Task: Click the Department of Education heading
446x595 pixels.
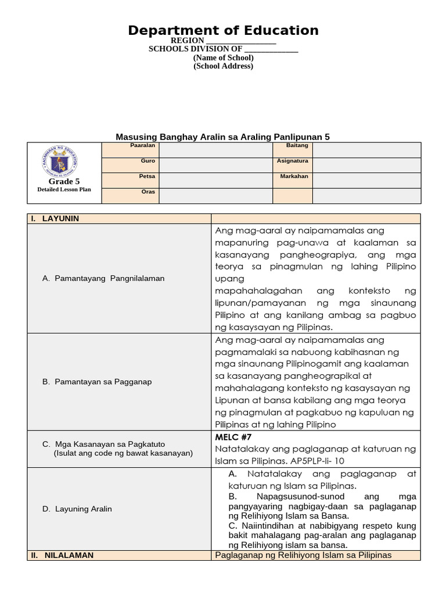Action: point(223,30)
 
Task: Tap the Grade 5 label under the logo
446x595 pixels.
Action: point(64,182)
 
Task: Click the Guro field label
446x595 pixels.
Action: point(148,161)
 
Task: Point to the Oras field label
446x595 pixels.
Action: point(148,192)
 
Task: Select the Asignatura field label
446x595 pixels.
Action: point(292,161)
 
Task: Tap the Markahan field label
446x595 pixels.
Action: point(293,176)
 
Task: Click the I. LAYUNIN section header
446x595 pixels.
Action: point(55,218)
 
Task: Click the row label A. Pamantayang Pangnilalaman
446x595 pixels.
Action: point(103,278)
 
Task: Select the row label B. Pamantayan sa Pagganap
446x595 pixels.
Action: point(97,382)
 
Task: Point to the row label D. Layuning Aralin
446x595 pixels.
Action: point(77,508)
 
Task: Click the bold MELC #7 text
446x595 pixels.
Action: point(233,437)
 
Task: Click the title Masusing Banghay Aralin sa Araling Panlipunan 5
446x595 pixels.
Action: point(223,137)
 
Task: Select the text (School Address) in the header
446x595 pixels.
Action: point(223,66)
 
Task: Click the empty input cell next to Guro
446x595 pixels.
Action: point(215,165)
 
